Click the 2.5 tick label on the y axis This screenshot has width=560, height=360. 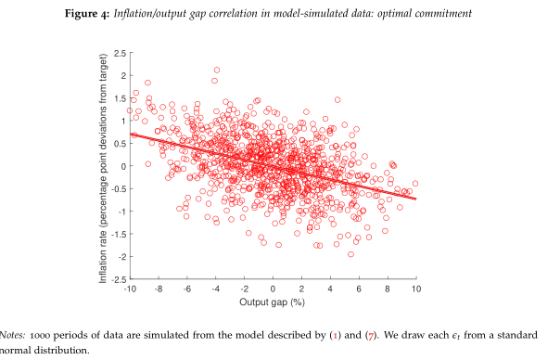click(x=119, y=54)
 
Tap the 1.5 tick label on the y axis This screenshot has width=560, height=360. click(x=119, y=98)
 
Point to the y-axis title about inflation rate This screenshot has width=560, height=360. click(x=105, y=165)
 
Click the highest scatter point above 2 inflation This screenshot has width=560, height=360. click(x=217, y=70)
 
